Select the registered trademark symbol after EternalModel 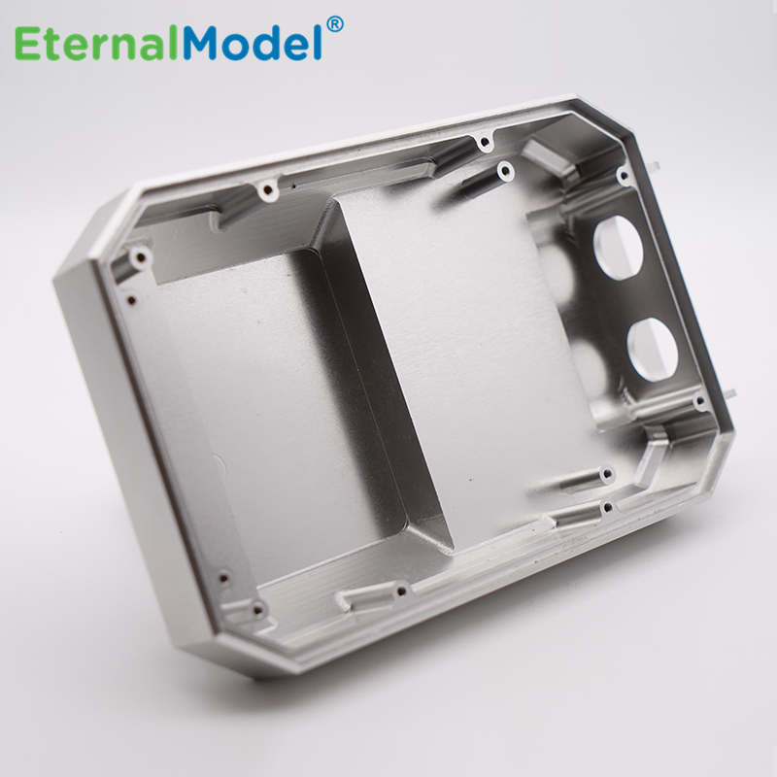pos(334,23)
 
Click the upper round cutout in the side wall pos(618,247)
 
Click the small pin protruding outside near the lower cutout pos(729,393)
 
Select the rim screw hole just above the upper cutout pos(623,176)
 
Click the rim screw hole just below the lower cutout pos(698,402)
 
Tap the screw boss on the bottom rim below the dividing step pos(400,588)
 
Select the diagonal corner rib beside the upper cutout pos(549,160)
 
